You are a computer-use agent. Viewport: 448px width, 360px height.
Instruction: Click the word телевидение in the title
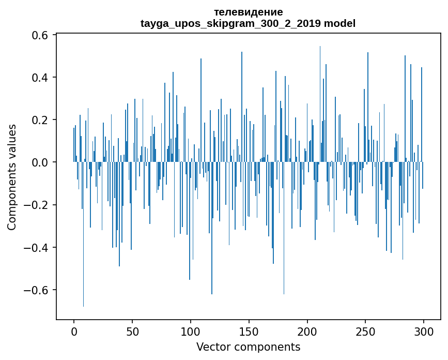(248, 12)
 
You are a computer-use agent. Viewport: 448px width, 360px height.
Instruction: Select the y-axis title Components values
(11, 177)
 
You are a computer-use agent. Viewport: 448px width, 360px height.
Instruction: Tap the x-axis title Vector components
(248, 347)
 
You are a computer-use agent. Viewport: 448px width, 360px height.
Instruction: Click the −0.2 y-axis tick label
(36, 205)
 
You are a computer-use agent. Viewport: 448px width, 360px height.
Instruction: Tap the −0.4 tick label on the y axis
(36, 247)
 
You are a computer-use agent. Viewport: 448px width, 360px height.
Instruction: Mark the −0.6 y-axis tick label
(36, 290)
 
